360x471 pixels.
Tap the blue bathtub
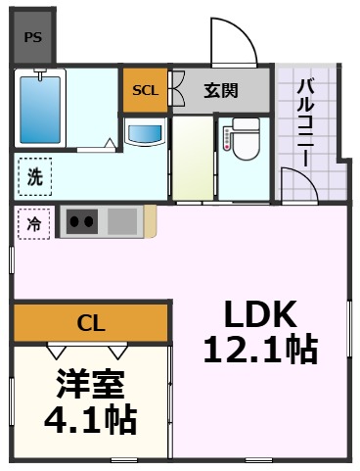pos(39,111)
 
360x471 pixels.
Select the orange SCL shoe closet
pos(145,90)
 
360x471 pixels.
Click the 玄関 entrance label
pos(220,90)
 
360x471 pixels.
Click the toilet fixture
pos(241,138)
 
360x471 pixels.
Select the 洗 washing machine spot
pos(34,178)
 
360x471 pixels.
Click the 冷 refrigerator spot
pos(34,224)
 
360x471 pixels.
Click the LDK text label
pos(261,314)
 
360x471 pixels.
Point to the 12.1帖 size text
pos(261,348)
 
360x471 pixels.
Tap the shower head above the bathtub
pos(39,75)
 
